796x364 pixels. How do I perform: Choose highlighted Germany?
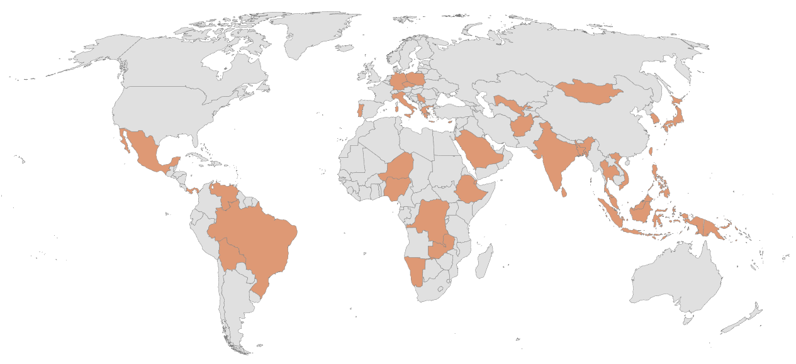[397, 82]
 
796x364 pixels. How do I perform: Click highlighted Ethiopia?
[472, 189]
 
